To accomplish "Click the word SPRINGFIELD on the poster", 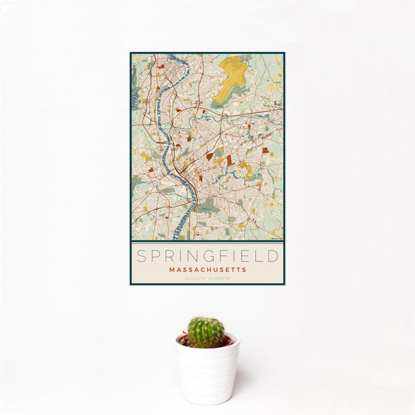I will point(207,256).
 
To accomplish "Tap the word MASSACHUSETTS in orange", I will point(207,269).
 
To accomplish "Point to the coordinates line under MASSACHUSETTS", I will point(207,278).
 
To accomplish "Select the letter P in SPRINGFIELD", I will point(154,256).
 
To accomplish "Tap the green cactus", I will point(206,332).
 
